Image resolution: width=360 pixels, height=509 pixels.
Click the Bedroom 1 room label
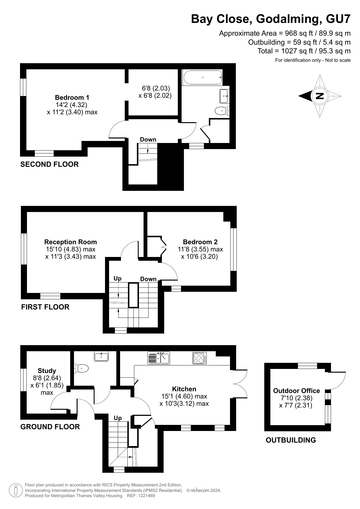click(72, 97)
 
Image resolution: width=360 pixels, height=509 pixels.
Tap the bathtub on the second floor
click(202, 77)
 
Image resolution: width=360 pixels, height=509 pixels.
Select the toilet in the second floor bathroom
click(222, 111)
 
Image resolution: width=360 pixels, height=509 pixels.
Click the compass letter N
click(319, 96)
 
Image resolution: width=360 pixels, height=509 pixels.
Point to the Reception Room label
click(70, 242)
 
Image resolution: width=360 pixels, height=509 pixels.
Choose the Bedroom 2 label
click(200, 242)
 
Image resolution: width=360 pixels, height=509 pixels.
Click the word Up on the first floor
click(117, 278)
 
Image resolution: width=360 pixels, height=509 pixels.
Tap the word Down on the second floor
click(148, 140)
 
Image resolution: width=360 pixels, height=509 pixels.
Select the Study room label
click(47, 371)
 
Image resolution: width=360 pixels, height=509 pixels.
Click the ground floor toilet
click(81, 369)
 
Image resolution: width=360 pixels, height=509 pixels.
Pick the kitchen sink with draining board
click(159, 358)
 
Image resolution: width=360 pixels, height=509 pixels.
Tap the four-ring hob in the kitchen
click(200, 358)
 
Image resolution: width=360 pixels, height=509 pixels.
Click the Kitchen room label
click(184, 389)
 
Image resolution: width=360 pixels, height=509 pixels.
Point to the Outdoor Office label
click(296, 391)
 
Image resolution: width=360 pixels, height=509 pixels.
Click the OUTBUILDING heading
click(291, 440)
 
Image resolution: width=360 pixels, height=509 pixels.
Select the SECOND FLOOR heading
click(50, 164)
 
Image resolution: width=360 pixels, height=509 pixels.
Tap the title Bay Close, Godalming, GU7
click(271, 19)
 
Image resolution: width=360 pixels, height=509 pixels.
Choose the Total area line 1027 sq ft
click(304, 51)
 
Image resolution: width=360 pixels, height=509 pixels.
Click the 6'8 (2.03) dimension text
click(156, 88)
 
